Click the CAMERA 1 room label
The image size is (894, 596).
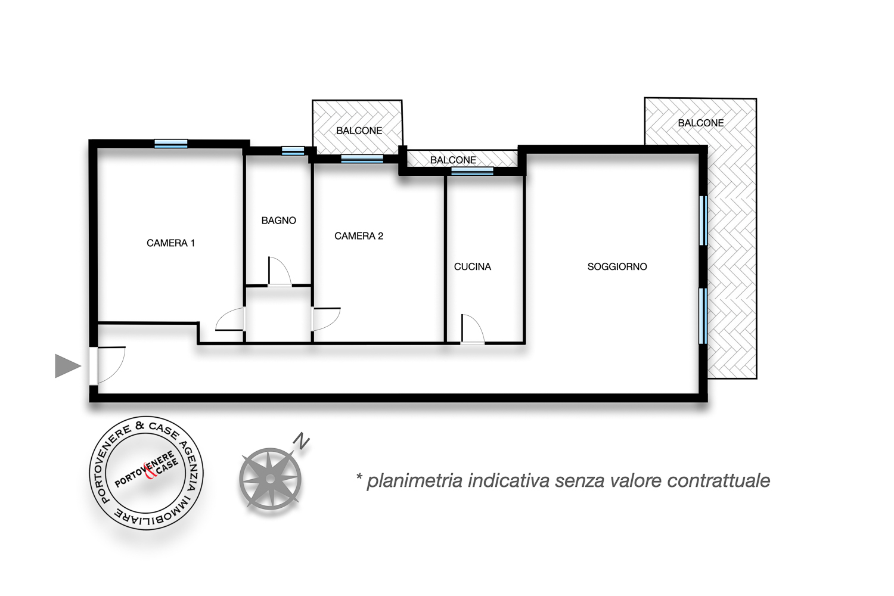pos(170,243)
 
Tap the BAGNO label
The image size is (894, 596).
pos(278,221)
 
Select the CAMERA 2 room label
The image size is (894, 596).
pos(358,236)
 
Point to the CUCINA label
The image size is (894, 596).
pos(473,266)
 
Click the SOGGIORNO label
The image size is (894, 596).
pos(617,266)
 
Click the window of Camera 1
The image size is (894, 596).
pos(171,144)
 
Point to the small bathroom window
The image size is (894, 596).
pos(293,151)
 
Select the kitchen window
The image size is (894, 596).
pos(472,171)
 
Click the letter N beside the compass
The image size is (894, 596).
pos(302,441)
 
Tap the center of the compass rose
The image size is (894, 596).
pos(270,479)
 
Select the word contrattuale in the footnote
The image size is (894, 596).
pos(718,480)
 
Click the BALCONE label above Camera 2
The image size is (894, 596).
pos(359,131)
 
